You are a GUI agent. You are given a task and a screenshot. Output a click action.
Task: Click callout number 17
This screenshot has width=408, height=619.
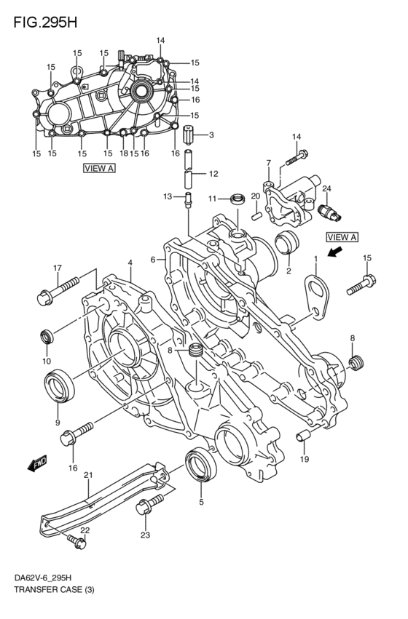pos(56,270)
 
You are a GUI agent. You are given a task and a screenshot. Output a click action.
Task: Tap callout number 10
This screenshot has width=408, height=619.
pos(46,361)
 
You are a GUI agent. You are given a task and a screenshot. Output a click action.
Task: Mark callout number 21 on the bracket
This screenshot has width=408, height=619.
pos(88,476)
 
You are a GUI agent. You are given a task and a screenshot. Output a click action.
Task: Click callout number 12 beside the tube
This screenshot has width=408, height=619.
pos(213,174)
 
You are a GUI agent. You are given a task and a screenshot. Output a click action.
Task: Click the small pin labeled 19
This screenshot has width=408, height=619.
pos(302,436)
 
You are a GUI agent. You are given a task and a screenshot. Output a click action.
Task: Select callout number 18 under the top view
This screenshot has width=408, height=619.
pos(124,153)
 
